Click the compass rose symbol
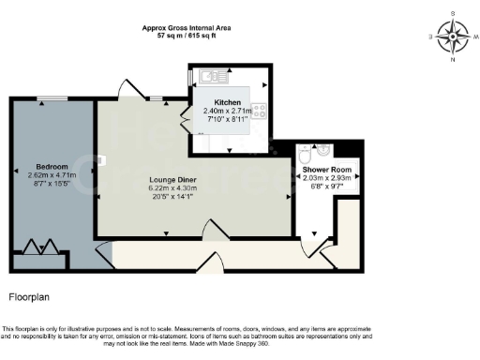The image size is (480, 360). point(454,38)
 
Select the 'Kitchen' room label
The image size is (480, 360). point(228,102)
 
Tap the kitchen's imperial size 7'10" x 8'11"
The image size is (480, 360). point(228,120)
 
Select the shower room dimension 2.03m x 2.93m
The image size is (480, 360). point(325,176)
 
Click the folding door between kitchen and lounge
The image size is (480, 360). point(187,121)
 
